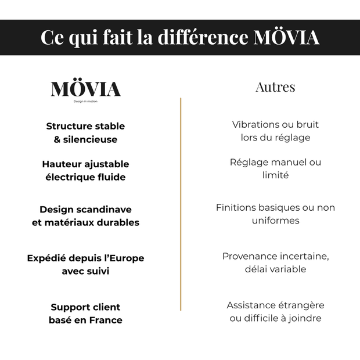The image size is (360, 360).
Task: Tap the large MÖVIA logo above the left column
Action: pos(85,89)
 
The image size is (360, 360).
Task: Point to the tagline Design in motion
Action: pos(85,102)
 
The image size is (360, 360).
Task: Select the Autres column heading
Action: pos(275,87)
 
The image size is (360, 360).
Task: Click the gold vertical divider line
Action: pos(181,203)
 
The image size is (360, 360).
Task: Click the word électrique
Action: pos(69,177)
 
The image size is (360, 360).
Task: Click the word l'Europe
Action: pos(120,258)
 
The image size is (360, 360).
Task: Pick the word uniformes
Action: pos(276,221)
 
